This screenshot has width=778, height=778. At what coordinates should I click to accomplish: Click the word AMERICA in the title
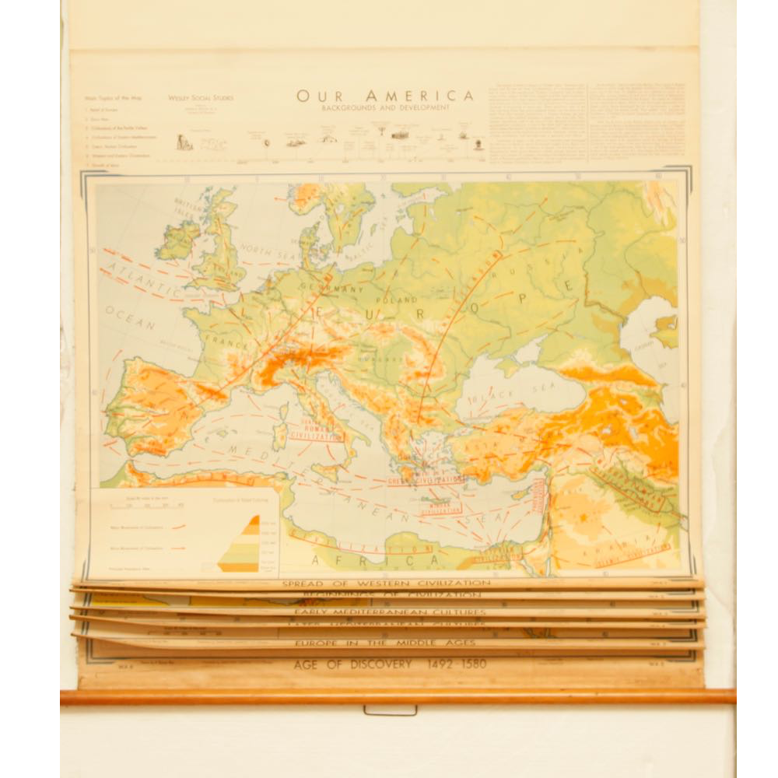(x=427, y=96)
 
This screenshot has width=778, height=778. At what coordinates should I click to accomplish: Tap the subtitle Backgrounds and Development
(x=385, y=107)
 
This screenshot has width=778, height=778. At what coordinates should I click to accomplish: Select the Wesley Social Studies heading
(x=201, y=98)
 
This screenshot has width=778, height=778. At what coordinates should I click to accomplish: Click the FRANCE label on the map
(x=226, y=340)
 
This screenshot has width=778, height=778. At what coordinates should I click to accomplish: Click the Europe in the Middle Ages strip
(x=384, y=643)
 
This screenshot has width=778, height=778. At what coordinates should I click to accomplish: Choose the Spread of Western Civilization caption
(x=386, y=583)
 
